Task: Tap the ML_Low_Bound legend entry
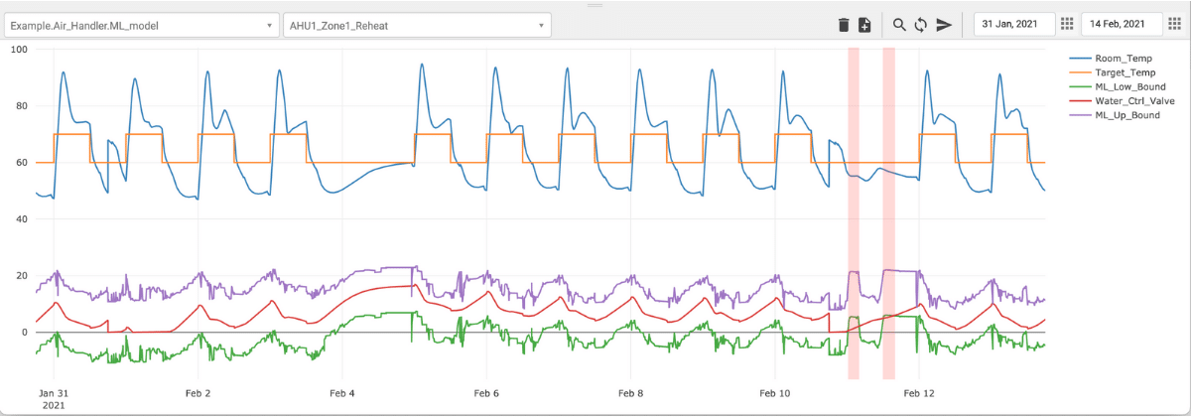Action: (1126, 86)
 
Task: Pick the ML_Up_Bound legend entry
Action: (1125, 114)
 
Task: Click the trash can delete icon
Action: (844, 25)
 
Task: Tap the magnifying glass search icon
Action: (899, 25)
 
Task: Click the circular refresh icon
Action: (920, 25)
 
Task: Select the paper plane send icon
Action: (944, 25)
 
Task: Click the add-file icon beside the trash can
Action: (864, 25)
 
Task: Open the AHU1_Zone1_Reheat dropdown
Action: (417, 25)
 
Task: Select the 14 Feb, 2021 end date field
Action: (1120, 24)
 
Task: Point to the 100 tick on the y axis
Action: (17, 50)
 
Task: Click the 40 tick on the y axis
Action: (20, 219)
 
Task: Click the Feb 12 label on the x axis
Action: (918, 393)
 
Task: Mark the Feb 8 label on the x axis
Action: (631, 393)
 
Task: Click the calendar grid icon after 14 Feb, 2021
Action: (1174, 24)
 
